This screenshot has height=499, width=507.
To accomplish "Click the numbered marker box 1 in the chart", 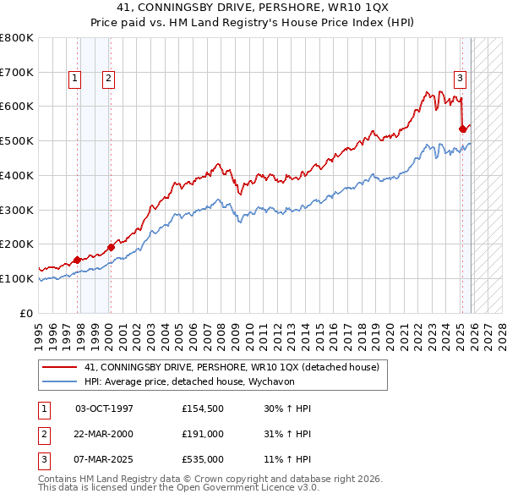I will tap(75, 79).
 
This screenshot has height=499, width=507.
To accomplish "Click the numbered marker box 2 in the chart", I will tap(109, 79).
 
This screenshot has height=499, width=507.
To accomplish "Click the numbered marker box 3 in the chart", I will tap(461, 79).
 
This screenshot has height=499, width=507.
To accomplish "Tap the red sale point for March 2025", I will tap(462, 129).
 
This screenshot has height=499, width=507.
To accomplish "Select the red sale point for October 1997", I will tap(78, 260).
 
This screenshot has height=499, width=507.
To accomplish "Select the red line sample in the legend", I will tap(60, 367).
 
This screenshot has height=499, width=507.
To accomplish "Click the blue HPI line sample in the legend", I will tap(60, 381).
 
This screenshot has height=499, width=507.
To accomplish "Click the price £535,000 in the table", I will tap(202, 460).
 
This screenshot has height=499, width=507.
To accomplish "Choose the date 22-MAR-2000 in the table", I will tap(104, 434).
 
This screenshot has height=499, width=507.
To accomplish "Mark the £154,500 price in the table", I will tap(202, 408).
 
